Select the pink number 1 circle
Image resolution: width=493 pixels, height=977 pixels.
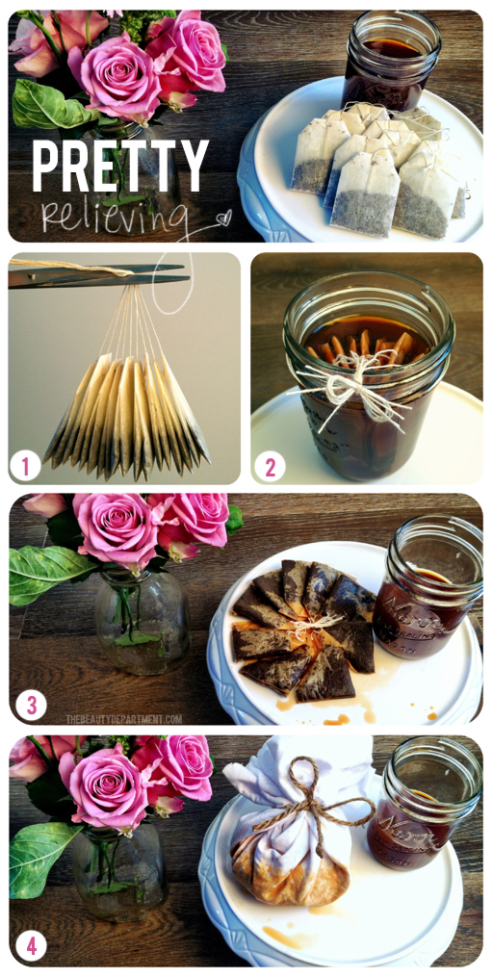click(x=26, y=467)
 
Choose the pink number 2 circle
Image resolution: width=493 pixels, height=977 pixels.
click(x=270, y=467)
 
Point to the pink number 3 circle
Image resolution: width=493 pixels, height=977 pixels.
click(x=31, y=706)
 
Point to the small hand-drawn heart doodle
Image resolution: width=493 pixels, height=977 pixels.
click(x=223, y=218)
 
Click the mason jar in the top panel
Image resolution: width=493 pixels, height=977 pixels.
click(x=390, y=59)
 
